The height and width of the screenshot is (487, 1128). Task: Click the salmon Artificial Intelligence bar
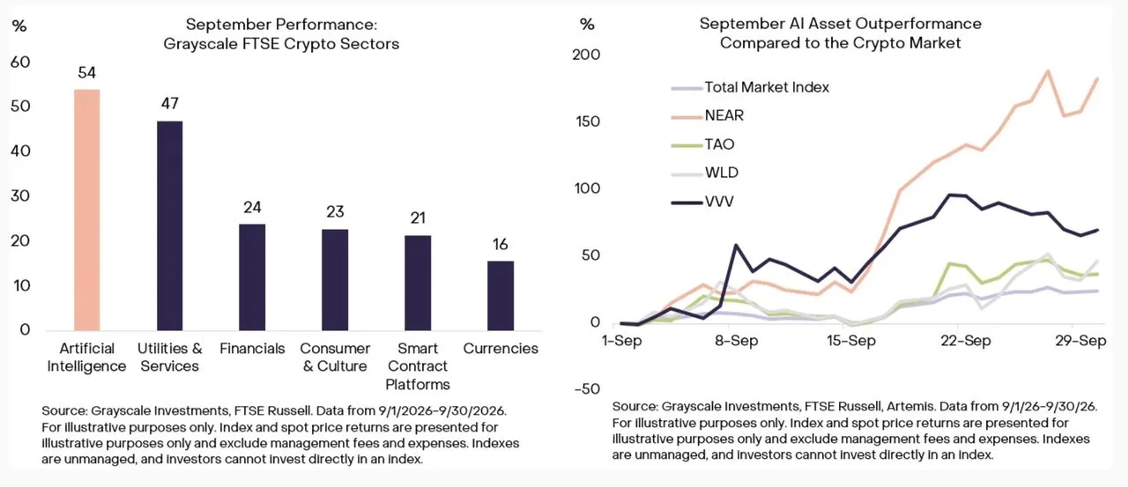(x=86, y=210)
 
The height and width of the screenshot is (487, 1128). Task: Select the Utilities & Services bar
(x=170, y=226)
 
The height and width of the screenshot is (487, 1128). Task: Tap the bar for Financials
(x=252, y=277)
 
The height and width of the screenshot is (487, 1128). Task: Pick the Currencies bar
(x=501, y=296)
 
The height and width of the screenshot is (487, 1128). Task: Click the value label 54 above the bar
(x=86, y=73)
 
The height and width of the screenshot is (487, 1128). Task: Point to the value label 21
(x=418, y=218)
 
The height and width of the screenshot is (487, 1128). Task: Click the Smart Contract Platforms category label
(x=418, y=366)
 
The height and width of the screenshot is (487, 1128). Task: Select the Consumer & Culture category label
(x=335, y=358)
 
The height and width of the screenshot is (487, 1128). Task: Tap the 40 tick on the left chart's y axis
(x=20, y=151)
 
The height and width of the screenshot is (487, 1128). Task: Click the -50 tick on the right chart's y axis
(x=587, y=389)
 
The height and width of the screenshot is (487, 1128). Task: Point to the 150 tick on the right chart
(x=588, y=122)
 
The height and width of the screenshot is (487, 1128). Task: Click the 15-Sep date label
(x=851, y=341)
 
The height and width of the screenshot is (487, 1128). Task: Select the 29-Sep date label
(x=1080, y=341)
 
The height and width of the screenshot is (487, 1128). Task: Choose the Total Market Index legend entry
(x=750, y=87)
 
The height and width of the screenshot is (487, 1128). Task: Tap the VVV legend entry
(x=702, y=202)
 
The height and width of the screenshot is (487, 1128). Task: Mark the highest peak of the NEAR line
(x=1048, y=71)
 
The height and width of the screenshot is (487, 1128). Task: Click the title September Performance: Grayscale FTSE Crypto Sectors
(x=281, y=34)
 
